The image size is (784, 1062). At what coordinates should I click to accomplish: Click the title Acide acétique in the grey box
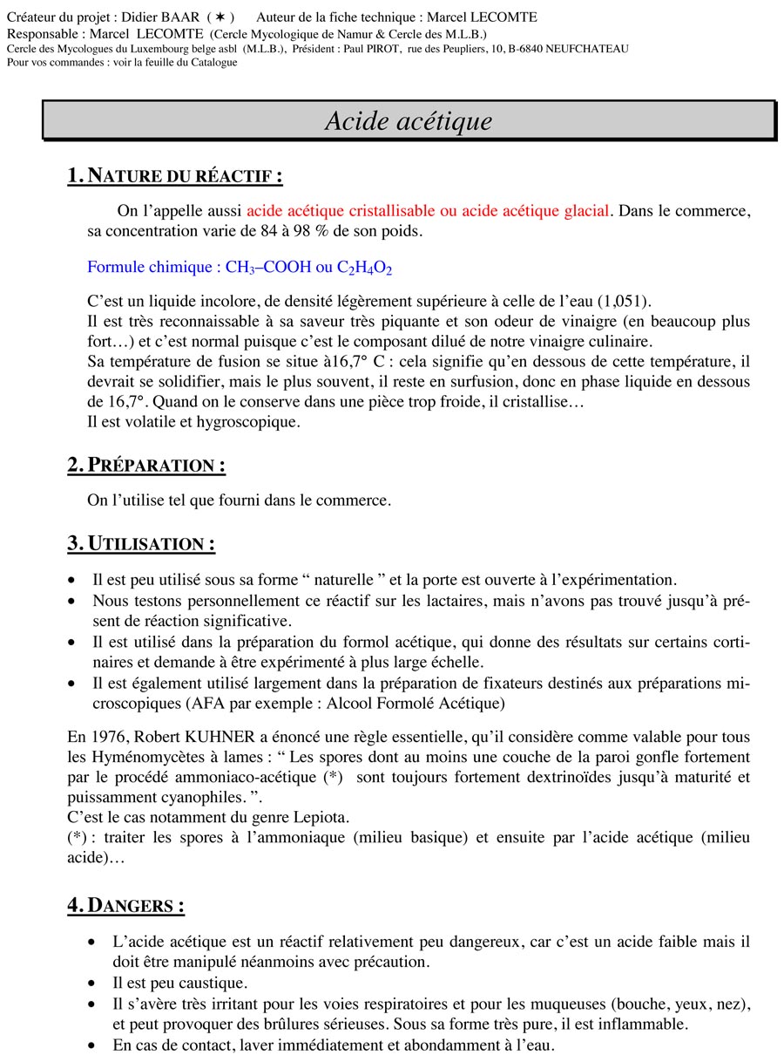tap(408, 121)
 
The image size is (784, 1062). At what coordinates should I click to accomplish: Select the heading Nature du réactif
tap(174, 175)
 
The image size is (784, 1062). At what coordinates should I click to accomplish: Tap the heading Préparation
tap(145, 465)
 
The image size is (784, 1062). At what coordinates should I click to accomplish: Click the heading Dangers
tap(125, 905)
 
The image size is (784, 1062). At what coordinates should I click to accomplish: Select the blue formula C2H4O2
tap(364, 268)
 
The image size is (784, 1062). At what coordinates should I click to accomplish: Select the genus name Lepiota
tap(298, 817)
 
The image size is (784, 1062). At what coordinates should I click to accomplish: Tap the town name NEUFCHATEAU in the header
tap(585, 49)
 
